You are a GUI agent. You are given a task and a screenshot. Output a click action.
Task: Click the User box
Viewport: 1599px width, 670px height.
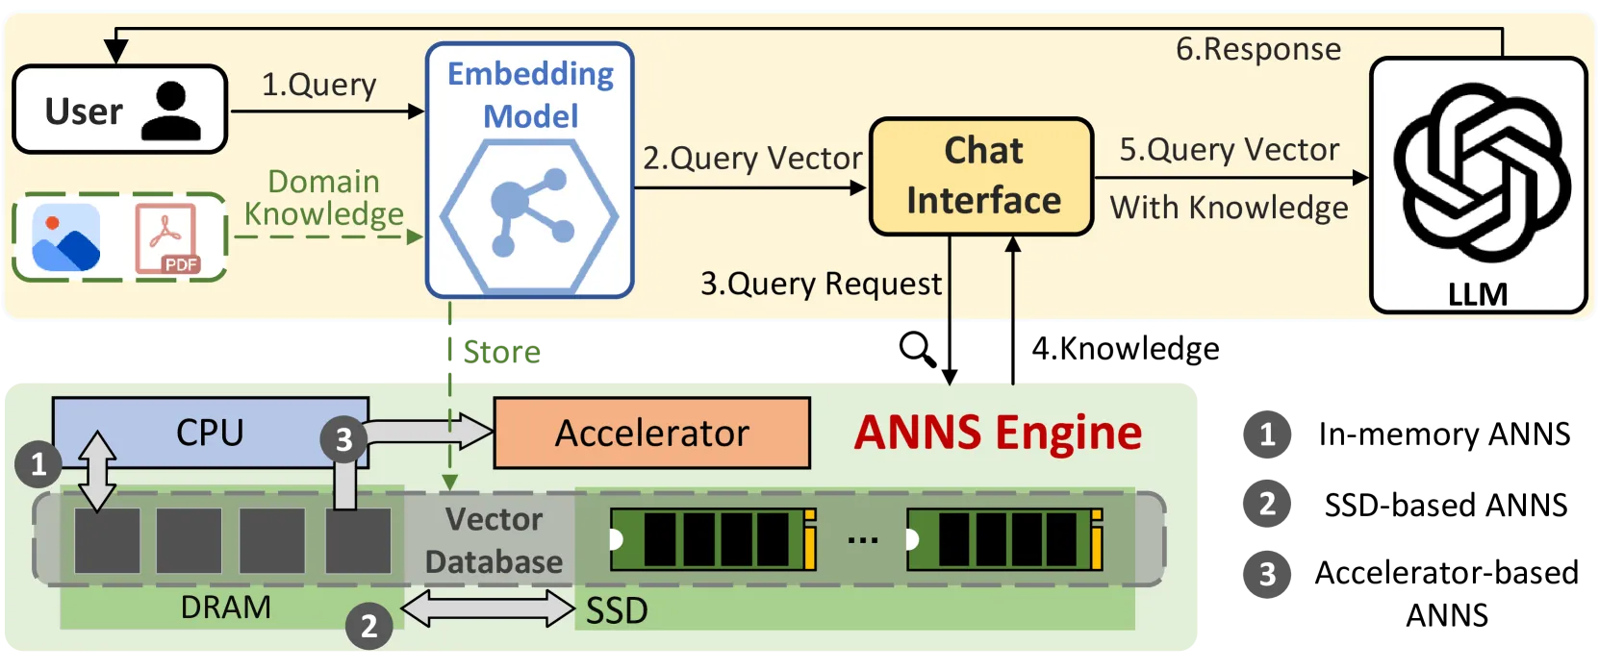[120, 110]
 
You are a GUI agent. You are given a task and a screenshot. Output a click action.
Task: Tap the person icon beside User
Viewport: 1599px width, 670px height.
[171, 111]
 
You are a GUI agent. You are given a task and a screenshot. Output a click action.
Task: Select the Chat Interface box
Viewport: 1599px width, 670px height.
[981, 176]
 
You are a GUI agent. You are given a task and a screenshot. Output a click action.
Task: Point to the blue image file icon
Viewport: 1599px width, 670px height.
[66, 237]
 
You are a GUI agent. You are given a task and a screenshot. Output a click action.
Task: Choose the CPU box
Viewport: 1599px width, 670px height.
[211, 433]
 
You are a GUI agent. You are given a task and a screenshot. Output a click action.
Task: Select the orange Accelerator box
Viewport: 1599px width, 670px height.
[651, 434]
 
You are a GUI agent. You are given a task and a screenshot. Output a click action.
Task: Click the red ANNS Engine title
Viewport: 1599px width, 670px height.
[998, 434]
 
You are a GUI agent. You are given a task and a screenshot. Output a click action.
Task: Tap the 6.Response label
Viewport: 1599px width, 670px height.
[1258, 49]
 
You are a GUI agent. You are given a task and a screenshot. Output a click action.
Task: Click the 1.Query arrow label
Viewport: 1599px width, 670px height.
[318, 85]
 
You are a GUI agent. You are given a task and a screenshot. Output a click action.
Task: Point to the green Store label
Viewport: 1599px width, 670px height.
[502, 352]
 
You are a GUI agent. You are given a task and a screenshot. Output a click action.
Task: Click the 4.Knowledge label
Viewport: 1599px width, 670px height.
[1126, 348]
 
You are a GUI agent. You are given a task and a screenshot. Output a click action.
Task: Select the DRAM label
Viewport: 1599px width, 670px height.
[225, 608]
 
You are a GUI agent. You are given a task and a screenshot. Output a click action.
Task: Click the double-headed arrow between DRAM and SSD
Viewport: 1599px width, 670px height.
[489, 608]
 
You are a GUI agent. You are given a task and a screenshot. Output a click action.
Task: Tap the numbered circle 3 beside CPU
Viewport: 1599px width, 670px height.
[344, 439]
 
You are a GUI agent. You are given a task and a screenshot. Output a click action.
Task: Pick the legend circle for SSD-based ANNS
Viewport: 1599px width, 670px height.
[1267, 504]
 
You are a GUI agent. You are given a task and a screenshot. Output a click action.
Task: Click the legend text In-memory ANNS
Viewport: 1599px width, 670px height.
[1444, 434]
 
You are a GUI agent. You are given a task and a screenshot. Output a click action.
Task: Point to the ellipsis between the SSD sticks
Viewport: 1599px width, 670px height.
[862, 540]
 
